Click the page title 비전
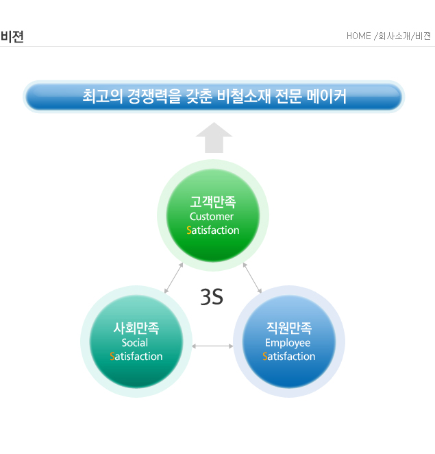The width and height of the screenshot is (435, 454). pos(12,36)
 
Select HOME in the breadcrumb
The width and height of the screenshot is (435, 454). pos(359,36)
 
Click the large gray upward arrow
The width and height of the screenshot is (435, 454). pos(214,138)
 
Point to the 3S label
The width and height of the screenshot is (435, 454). pos(212,297)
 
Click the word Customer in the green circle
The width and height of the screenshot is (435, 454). pos(212,217)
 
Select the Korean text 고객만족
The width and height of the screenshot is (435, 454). pos(213,202)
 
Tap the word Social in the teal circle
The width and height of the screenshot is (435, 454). pos(135,342)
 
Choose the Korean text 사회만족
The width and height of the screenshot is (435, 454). pos(136,328)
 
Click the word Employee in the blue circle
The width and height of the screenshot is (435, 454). pos(288,343)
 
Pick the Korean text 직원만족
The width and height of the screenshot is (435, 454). pos(289,328)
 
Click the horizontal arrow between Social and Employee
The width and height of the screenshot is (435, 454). pos(212,346)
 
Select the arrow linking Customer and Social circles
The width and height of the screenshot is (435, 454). pos(173,278)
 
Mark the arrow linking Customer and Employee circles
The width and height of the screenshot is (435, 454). pos(252,278)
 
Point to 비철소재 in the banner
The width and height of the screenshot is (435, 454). pos(243,97)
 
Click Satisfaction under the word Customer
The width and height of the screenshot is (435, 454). pos(213,230)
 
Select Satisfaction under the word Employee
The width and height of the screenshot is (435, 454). pos(289,357)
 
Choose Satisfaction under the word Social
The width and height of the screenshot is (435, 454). pos(136,357)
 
